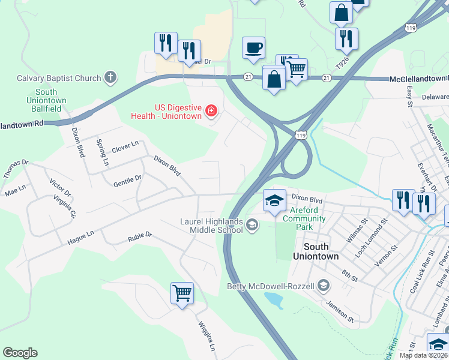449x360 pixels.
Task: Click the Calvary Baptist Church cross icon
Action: (x=110, y=77)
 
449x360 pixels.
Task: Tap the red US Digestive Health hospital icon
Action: (x=211, y=110)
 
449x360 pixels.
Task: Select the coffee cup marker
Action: (x=253, y=47)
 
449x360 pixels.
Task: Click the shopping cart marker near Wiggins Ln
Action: (x=182, y=293)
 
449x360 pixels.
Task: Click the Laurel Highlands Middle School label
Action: (x=211, y=226)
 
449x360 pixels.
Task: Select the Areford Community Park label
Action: (x=304, y=214)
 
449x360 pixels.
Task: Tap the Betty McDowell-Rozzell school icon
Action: (x=324, y=284)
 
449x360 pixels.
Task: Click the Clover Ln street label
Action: (x=125, y=145)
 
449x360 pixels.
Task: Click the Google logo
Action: (x=20, y=353)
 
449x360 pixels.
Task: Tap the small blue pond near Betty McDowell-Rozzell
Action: (x=273, y=299)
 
